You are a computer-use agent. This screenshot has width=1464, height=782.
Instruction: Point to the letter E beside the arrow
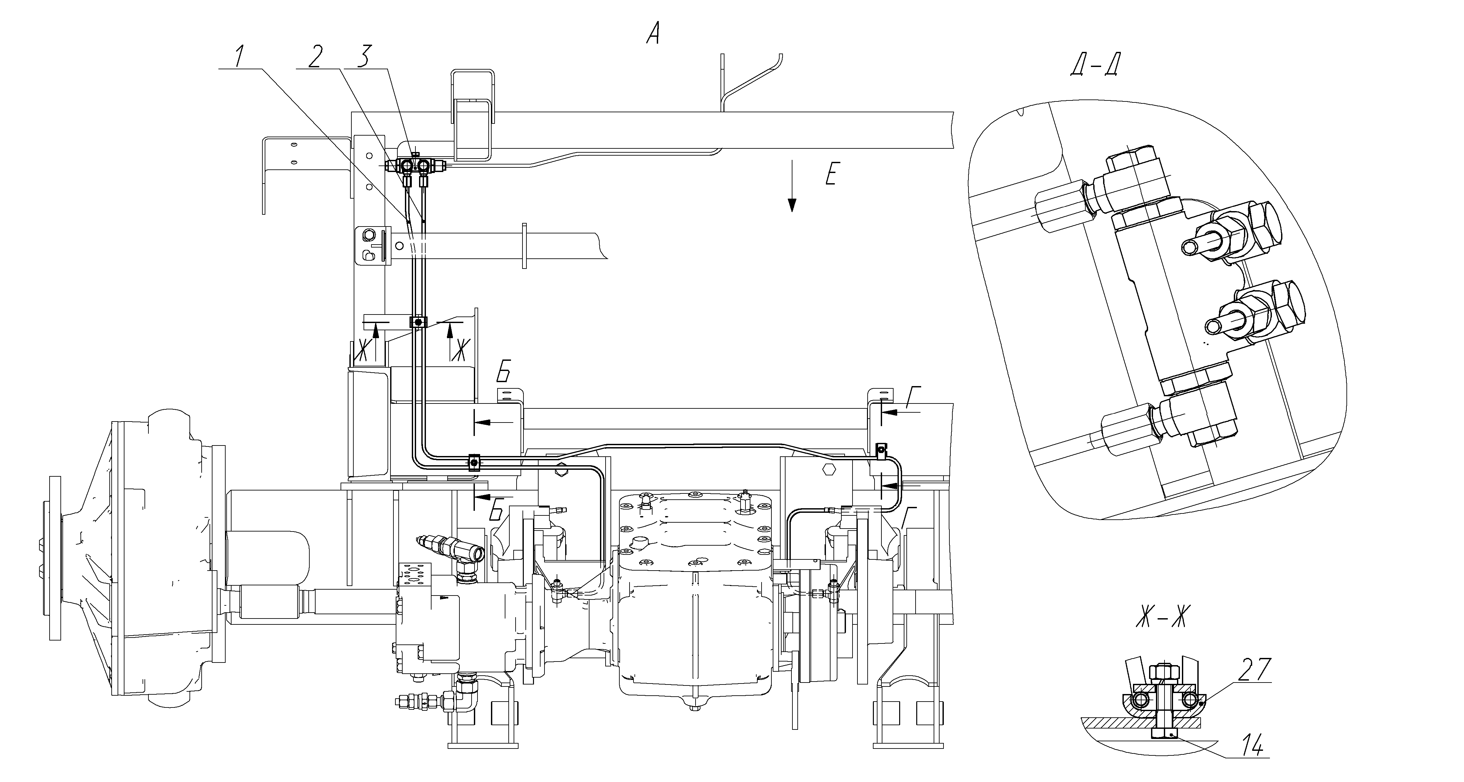[x=831, y=174]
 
